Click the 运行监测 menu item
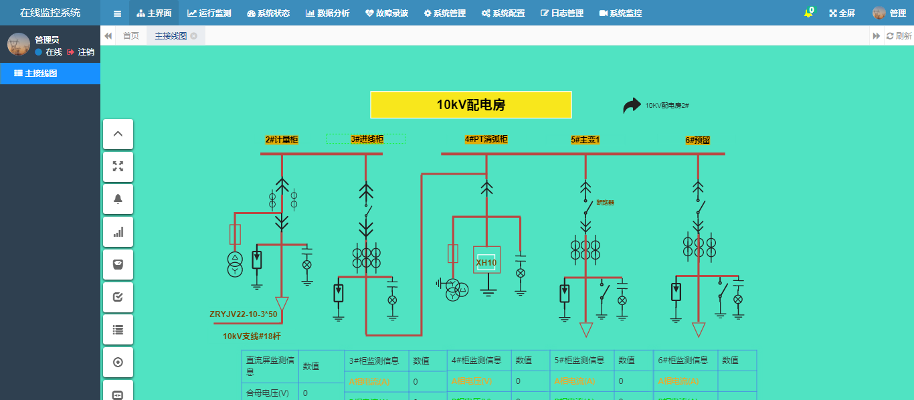[209, 13]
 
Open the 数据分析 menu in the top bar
[328, 13]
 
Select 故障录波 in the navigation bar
[387, 13]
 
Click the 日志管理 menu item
[562, 13]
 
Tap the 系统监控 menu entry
[620, 13]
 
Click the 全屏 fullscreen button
[842, 13]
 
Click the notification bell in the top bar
[808, 13]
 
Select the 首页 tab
[131, 36]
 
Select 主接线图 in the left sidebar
[41, 74]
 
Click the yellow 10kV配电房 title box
[471, 105]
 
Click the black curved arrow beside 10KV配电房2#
[632, 106]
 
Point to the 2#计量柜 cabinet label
[282, 140]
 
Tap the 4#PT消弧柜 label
[486, 139]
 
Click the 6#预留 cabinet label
[698, 140]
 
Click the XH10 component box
[486, 262]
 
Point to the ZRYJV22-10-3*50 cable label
[243, 314]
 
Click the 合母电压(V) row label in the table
[268, 393]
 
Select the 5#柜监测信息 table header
[580, 361]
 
